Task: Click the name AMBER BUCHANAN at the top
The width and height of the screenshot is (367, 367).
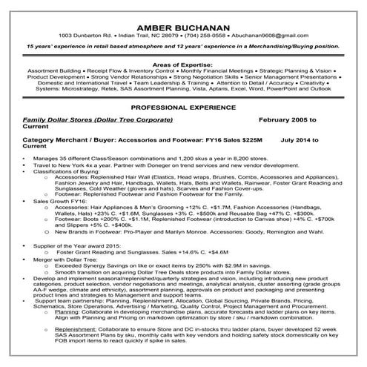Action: [x=182, y=22]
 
